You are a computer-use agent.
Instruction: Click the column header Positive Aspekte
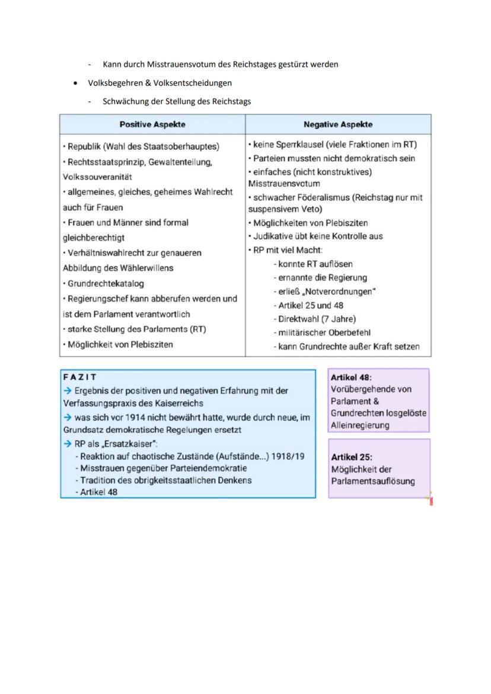pyautogui.click(x=152, y=124)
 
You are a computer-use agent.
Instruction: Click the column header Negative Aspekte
pyautogui.click(x=338, y=124)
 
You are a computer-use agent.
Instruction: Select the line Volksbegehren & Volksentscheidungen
pyautogui.click(x=160, y=83)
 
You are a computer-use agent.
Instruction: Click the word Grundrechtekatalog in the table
pyautogui.click(x=106, y=284)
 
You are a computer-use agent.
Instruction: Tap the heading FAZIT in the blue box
pyautogui.click(x=79, y=377)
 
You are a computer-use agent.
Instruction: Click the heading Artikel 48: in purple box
pyautogui.click(x=351, y=378)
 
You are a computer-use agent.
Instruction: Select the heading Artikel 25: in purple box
pyautogui.click(x=351, y=457)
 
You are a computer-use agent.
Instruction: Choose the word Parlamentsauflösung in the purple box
pyautogui.click(x=373, y=481)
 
